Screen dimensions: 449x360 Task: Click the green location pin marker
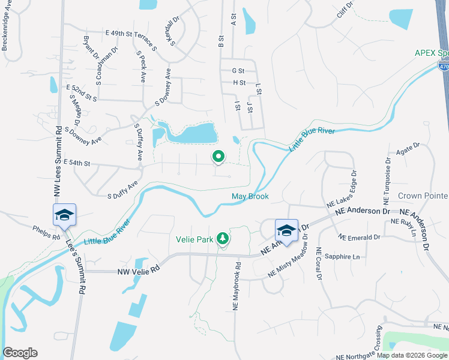tap(218, 157)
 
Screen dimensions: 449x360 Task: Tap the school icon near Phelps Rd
tap(64, 215)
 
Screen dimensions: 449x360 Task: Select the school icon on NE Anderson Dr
tap(286, 231)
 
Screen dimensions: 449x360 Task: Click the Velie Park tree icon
tap(223, 238)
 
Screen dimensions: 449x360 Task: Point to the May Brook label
tap(250, 196)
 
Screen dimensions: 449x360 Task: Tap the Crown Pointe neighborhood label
tap(423, 196)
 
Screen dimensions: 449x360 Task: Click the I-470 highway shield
tap(443, 67)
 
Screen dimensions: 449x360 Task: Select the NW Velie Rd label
tap(140, 271)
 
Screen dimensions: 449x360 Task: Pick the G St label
tap(239, 71)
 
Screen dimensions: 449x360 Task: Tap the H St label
tap(240, 83)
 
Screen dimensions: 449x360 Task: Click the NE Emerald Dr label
tap(360, 237)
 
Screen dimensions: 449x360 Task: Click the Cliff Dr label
tap(345, 10)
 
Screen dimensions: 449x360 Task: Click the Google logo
tap(20, 353)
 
